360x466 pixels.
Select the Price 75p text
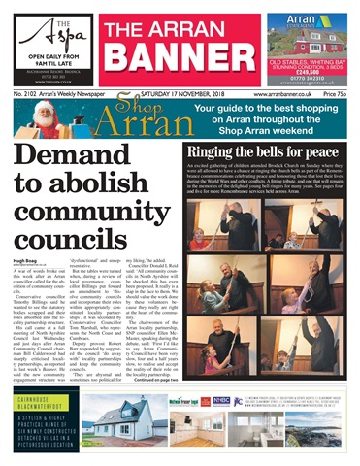pyautogui.click(x=335, y=94)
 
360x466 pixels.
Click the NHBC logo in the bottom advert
pyautogui.click(x=221, y=400)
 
